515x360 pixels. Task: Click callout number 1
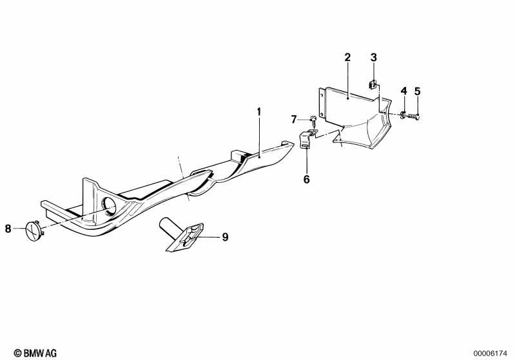259,112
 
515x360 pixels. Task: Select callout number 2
347,57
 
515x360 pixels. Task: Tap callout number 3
374,57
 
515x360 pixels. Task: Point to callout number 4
404,91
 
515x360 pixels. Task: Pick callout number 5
417,91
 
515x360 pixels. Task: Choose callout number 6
306,179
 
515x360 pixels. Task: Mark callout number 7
294,119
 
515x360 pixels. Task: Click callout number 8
8,229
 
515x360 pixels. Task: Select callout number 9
225,237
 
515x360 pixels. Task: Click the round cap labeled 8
34,231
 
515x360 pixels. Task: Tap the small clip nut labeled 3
373,84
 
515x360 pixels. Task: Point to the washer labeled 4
403,115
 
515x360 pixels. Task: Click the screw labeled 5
414,116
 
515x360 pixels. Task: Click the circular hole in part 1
109,207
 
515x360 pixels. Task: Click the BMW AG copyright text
35,353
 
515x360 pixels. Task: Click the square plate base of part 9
184,238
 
